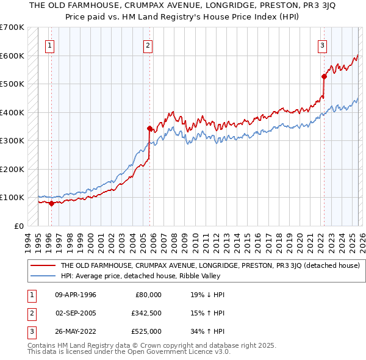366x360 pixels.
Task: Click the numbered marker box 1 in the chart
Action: pyautogui.click(x=49, y=44)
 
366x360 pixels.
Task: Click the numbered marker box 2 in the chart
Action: pyautogui.click(x=148, y=44)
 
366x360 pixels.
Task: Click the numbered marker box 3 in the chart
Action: pyautogui.click(x=322, y=44)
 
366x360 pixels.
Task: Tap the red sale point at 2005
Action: pyautogui.click(x=149, y=129)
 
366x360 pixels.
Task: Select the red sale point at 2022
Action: pyautogui.click(x=324, y=76)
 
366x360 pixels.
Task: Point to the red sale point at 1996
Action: pyautogui.click(x=51, y=203)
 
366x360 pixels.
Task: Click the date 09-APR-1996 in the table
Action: pyautogui.click(x=76, y=295)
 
